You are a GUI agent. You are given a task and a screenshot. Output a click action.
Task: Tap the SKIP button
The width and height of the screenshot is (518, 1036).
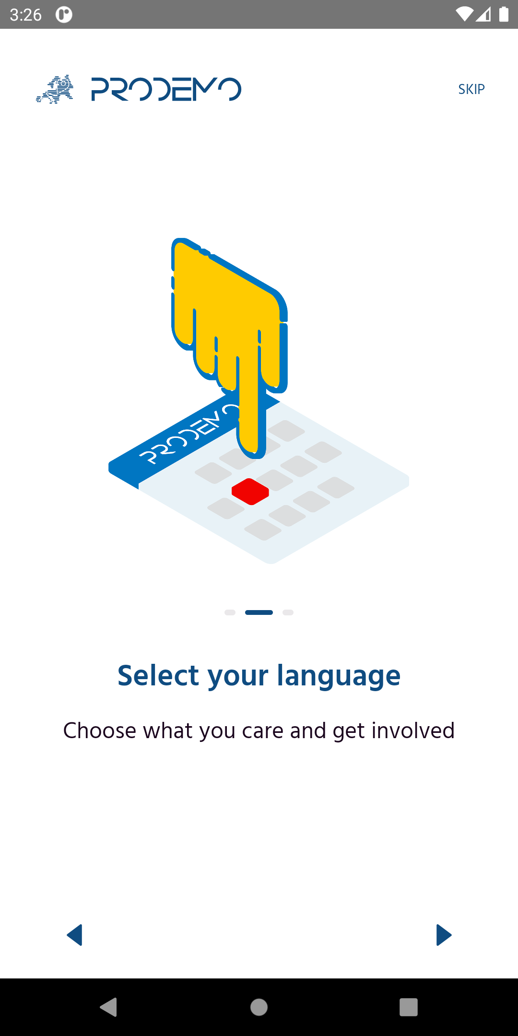click(x=471, y=89)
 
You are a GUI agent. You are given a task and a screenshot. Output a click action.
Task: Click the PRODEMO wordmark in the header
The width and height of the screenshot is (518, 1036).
click(x=166, y=89)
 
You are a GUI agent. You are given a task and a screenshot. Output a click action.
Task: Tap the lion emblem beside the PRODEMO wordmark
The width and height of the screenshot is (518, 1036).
click(x=55, y=89)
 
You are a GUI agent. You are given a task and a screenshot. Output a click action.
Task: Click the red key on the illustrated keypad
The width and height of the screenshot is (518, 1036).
click(x=250, y=492)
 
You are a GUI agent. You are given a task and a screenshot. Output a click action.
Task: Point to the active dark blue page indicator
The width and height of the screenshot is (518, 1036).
click(x=259, y=612)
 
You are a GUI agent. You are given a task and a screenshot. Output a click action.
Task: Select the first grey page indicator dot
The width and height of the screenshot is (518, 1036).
click(x=230, y=612)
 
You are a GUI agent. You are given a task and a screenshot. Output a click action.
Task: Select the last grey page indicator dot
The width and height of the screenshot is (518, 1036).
click(x=288, y=612)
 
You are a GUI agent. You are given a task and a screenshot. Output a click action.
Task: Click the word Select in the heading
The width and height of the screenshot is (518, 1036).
click(x=158, y=675)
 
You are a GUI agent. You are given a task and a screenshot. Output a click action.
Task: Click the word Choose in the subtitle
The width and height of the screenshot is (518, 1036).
click(x=100, y=730)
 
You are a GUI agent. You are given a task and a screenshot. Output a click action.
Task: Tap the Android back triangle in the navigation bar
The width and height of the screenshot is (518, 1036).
click(x=109, y=1007)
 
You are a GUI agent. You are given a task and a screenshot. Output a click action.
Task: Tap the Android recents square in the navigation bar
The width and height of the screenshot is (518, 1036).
click(x=409, y=1007)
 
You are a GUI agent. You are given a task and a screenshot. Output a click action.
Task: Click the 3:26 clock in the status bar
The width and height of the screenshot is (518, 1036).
click(x=26, y=15)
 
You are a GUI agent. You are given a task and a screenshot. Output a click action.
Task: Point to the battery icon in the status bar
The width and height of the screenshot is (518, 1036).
click(x=504, y=14)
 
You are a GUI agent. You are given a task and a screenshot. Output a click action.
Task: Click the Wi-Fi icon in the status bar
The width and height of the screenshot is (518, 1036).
click(x=464, y=14)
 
